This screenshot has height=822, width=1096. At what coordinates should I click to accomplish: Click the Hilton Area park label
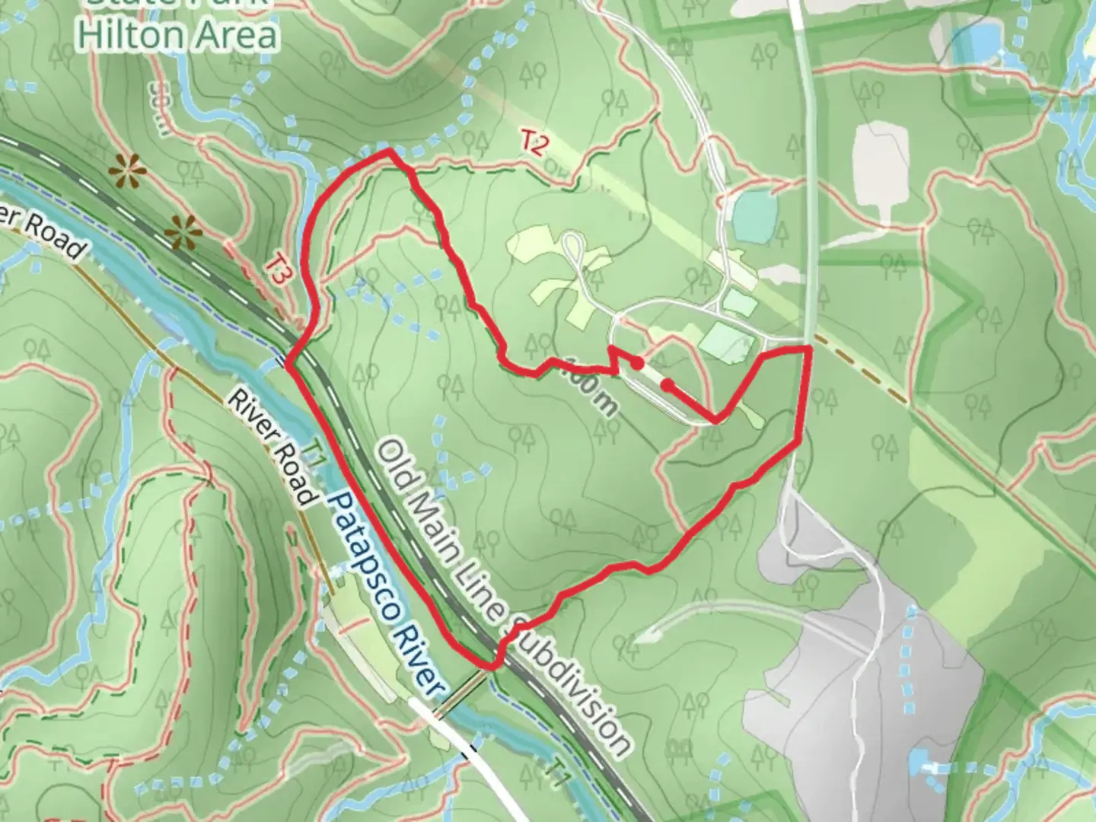click(x=178, y=35)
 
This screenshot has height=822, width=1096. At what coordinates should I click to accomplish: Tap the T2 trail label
click(x=534, y=143)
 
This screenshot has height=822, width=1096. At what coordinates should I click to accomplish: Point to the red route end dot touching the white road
click(x=667, y=386)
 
